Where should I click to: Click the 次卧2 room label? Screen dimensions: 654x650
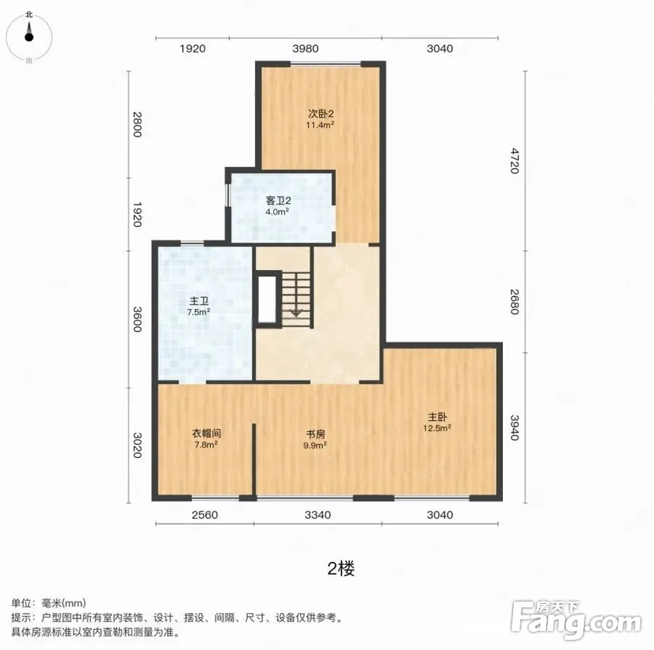(x=321, y=113)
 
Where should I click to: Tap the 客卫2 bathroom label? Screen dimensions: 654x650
(x=278, y=201)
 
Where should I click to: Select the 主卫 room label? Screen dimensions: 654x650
(x=199, y=301)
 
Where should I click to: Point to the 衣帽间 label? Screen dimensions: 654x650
(x=206, y=433)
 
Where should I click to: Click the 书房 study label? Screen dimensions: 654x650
(x=315, y=434)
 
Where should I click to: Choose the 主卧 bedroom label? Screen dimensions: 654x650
(x=437, y=417)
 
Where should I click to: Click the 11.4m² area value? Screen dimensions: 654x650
(x=320, y=125)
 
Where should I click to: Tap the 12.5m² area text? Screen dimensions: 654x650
(x=437, y=428)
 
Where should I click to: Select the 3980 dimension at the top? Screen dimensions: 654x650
(x=305, y=49)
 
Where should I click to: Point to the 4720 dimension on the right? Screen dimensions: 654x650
(x=515, y=160)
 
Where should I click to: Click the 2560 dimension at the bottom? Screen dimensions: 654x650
(x=205, y=515)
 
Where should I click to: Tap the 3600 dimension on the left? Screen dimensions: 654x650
(x=137, y=319)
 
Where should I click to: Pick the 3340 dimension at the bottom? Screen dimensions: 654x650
(x=318, y=515)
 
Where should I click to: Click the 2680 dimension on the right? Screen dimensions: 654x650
(x=515, y=302)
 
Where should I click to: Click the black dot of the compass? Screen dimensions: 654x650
(x=29, y=37)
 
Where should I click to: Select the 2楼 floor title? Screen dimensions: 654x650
(x=341, y=568)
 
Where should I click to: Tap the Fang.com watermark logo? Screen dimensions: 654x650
(x=576, y=620)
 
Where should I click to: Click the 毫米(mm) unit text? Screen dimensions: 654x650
(x=64, y=603)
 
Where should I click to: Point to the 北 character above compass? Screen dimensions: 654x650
(x=29, y=14)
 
